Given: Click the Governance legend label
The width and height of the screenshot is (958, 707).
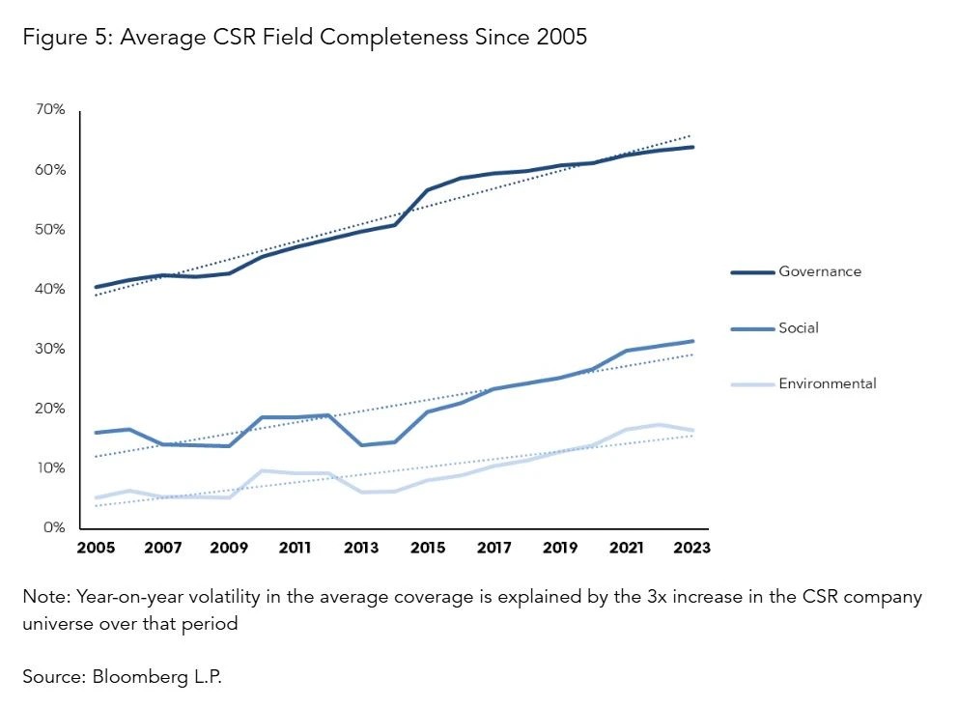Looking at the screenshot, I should click(819, 271).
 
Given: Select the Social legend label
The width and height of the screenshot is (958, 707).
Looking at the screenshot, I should click(799, 328).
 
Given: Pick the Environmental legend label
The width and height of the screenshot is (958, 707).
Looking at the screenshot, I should click(828, 383).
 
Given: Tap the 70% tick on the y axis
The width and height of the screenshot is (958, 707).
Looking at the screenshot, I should click(50, 110).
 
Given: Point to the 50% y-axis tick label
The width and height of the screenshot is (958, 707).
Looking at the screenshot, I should click(50, 230).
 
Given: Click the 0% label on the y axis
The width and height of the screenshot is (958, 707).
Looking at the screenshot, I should click(54, 528).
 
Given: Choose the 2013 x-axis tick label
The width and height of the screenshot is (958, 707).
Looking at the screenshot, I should click(361, 548).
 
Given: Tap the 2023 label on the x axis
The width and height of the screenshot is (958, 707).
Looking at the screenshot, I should click(691, 548).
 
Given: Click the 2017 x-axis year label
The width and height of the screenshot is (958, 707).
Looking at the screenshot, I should click(493, 548).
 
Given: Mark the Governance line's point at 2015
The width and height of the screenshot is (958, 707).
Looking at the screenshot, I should click(427, 190).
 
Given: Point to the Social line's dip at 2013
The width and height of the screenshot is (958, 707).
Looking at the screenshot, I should click(361, 445).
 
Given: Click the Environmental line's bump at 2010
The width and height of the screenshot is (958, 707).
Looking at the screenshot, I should click(262, 471).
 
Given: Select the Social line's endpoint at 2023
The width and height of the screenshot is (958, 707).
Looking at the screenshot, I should click(691, 341).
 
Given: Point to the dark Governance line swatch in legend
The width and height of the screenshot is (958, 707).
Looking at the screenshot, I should click(752, 272).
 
